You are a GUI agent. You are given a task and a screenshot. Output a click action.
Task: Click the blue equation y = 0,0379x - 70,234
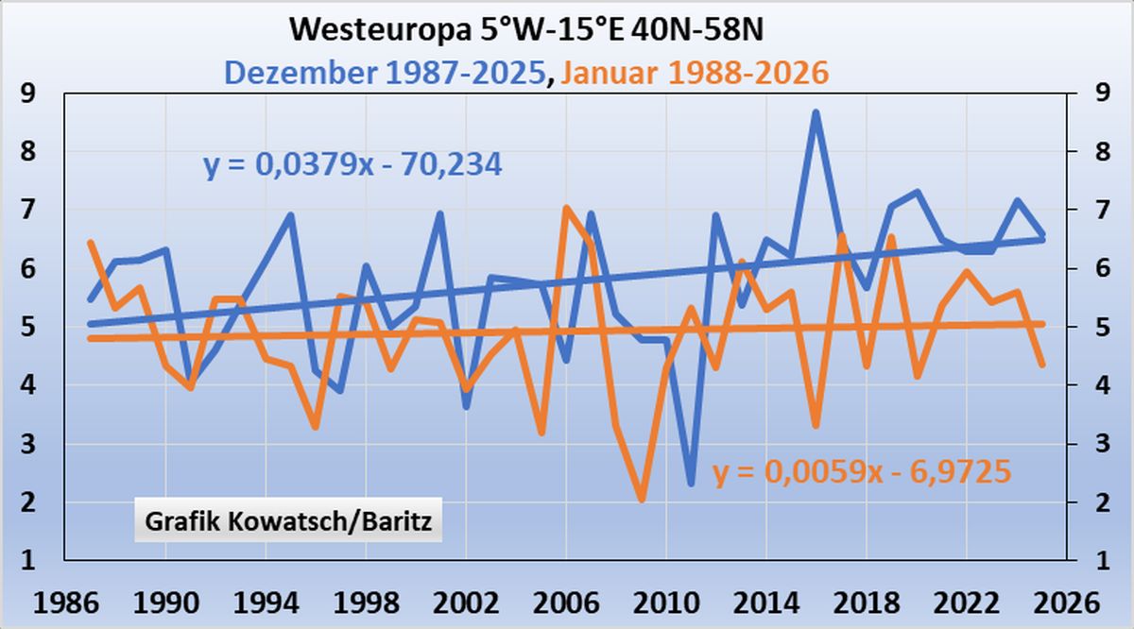tap(352, 165)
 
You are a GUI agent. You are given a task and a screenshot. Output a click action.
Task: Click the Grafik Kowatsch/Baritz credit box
tap(288, 522)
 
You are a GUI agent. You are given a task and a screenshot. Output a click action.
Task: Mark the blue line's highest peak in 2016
tap(816, 112)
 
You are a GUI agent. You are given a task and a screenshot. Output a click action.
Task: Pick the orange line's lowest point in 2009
tap(642, 499)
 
